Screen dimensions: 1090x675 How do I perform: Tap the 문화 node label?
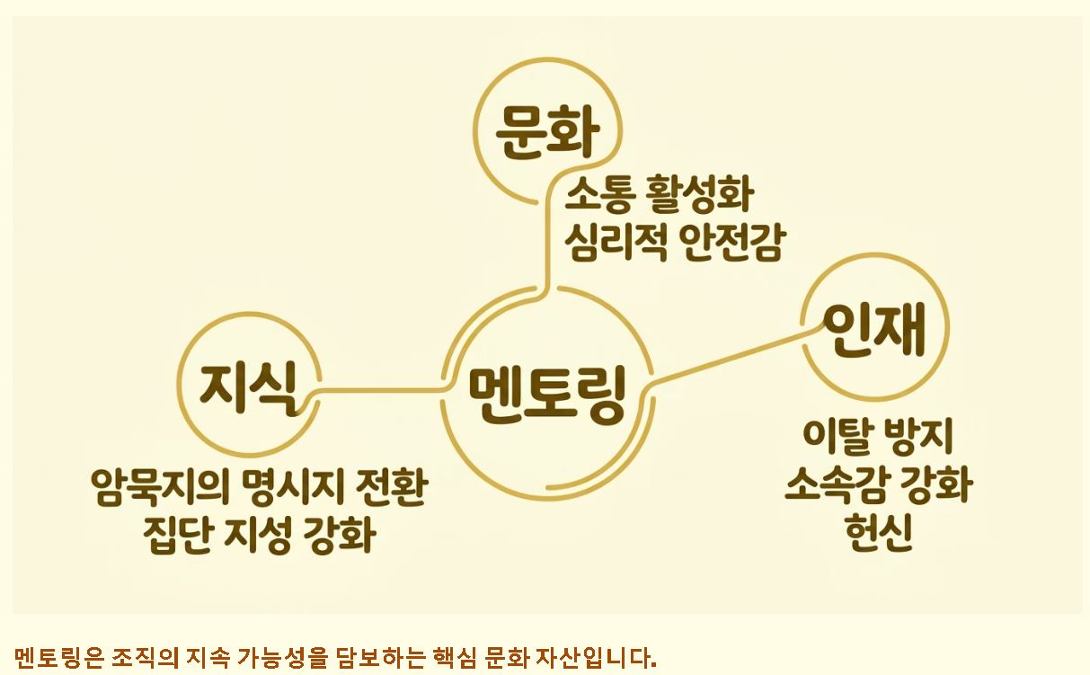point(547,132)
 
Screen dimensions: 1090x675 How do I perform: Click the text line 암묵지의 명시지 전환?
point(259,490)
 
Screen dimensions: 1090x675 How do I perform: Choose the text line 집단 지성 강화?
point(259,537)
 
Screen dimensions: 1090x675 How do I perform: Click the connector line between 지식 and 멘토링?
point(377,390)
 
